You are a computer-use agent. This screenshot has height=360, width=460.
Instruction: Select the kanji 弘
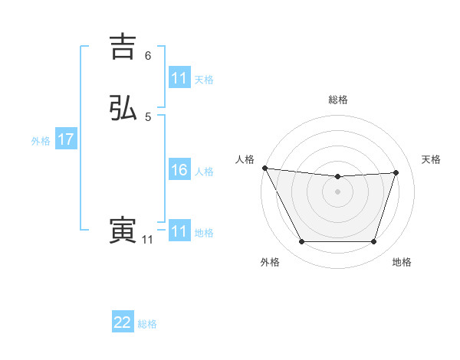(123, 108)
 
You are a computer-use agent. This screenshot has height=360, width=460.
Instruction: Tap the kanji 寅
(123, 231)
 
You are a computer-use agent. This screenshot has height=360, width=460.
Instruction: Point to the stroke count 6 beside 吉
(148, 56)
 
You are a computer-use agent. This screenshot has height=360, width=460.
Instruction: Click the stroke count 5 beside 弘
(148, 117)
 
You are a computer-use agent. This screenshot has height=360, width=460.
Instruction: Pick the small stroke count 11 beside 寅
(147, 240)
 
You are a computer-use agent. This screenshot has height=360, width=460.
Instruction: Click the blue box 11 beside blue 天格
(179, 78)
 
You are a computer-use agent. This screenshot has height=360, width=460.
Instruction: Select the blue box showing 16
(179, 171)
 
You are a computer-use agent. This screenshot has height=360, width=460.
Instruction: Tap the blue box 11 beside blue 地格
(179, 231)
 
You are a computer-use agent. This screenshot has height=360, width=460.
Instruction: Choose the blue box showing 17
(66, 140)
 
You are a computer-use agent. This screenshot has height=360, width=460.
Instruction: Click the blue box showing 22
(123, 322)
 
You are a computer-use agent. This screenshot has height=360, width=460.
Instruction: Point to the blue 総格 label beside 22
(148, 324)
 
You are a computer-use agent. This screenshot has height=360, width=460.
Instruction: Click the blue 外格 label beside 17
(41, 141)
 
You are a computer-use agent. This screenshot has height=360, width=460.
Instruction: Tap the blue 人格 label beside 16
(205, 172)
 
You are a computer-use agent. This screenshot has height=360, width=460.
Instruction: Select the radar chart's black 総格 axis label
(337, 100)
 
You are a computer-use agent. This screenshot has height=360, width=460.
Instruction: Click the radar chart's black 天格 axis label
(432, 159)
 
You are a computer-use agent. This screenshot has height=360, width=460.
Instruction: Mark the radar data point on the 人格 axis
(264, 168)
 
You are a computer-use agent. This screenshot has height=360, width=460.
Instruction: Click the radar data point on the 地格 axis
(374, 242)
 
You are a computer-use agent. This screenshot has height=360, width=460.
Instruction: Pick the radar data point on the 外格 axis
(301, 242)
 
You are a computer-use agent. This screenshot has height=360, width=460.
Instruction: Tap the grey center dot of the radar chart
(337, 191)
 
